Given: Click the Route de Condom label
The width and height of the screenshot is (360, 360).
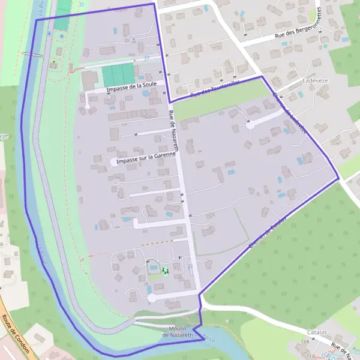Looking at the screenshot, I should (x=17, y=336).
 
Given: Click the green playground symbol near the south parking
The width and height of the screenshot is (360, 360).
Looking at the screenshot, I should (x=165, y=271).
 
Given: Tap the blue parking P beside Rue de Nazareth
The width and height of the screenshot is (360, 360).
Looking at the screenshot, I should (x=190, y=267).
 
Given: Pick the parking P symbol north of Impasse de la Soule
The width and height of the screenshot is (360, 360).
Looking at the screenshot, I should (x=146, y=58).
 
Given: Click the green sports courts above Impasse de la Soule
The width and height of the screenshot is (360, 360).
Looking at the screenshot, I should (x=118, y=74).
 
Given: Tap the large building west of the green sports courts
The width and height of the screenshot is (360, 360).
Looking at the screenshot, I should (x=90, y=80).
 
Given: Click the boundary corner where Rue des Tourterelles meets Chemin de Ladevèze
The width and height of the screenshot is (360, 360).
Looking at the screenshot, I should (x=262, y=77).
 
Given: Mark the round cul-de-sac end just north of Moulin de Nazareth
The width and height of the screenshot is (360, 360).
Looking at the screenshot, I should (x=152, y=298).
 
